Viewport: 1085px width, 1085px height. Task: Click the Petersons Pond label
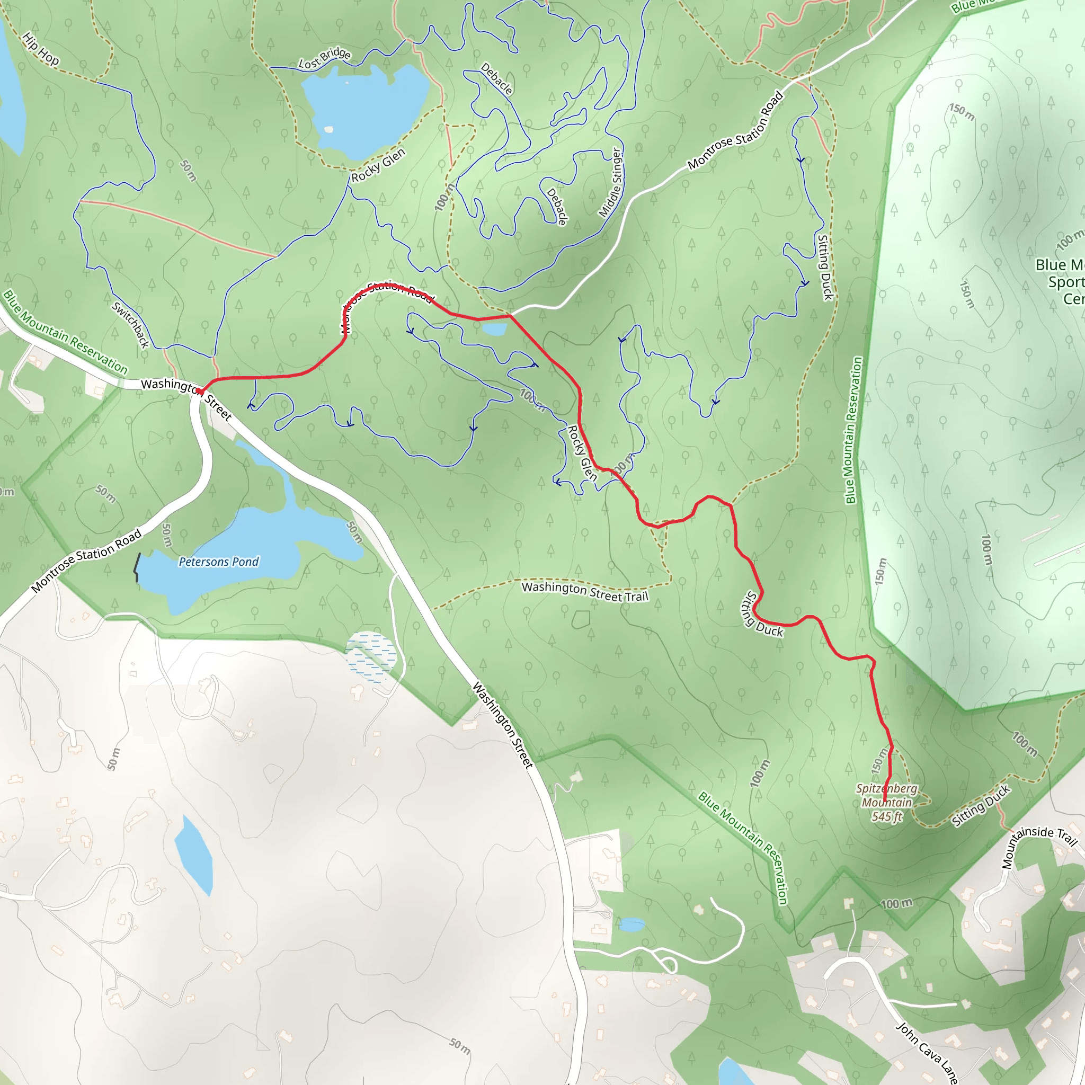pos(218,562)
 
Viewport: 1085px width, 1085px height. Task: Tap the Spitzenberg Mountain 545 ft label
pos(887,803)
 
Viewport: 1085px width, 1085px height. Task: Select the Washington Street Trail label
pos(585,591)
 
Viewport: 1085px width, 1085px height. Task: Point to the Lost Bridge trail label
pos(325,58)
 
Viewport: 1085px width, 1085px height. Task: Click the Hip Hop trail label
pos(40,49)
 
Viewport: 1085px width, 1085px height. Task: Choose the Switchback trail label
pos(130,325)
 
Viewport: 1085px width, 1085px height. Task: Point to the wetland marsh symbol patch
pos(371,656)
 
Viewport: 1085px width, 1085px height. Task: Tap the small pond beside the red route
pos(495,329)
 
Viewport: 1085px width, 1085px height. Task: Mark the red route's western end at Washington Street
pos(199,390)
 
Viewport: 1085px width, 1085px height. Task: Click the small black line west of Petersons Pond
pos(137,567)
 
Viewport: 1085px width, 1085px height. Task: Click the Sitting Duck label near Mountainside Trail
pos(981,806)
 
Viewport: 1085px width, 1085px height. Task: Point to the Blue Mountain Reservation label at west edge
pos(65,333)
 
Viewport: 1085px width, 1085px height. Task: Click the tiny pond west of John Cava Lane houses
pos(632,924)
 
